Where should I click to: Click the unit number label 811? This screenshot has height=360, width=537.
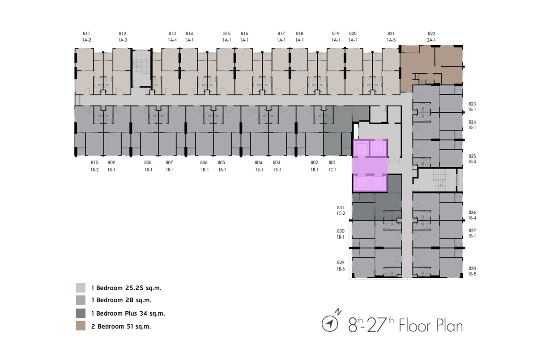coord(86,34)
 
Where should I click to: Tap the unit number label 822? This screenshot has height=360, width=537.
coord(431,34)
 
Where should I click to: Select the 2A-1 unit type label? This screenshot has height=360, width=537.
coord(431,40)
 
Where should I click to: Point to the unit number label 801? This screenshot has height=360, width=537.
coord(332,162)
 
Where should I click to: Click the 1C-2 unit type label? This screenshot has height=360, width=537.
coord(341,213)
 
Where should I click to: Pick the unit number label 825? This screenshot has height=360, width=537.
coord(472,156)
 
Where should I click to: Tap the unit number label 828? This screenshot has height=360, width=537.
coord(472,268)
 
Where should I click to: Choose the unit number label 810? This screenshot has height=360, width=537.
coord(94,162)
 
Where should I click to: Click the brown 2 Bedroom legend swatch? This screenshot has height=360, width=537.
coord(81,326)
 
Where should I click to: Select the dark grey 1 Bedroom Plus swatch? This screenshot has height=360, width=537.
coord(81,313)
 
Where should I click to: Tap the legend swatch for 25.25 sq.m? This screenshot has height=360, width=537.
coord(81,288)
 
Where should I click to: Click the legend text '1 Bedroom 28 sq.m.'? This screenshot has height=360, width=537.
coord(121,300)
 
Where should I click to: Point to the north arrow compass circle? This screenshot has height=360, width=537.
coord(330,324)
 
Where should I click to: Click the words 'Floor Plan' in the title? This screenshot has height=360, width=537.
coord(431,326)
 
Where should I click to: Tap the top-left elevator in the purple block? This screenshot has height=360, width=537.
coord(362,148)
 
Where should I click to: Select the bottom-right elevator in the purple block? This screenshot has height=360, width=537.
coord(378,183)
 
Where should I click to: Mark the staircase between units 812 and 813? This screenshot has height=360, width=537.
coord(142,68)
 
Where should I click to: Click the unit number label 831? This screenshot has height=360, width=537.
coord(341,208)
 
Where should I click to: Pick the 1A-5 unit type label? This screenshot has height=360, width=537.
coord(391,40)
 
